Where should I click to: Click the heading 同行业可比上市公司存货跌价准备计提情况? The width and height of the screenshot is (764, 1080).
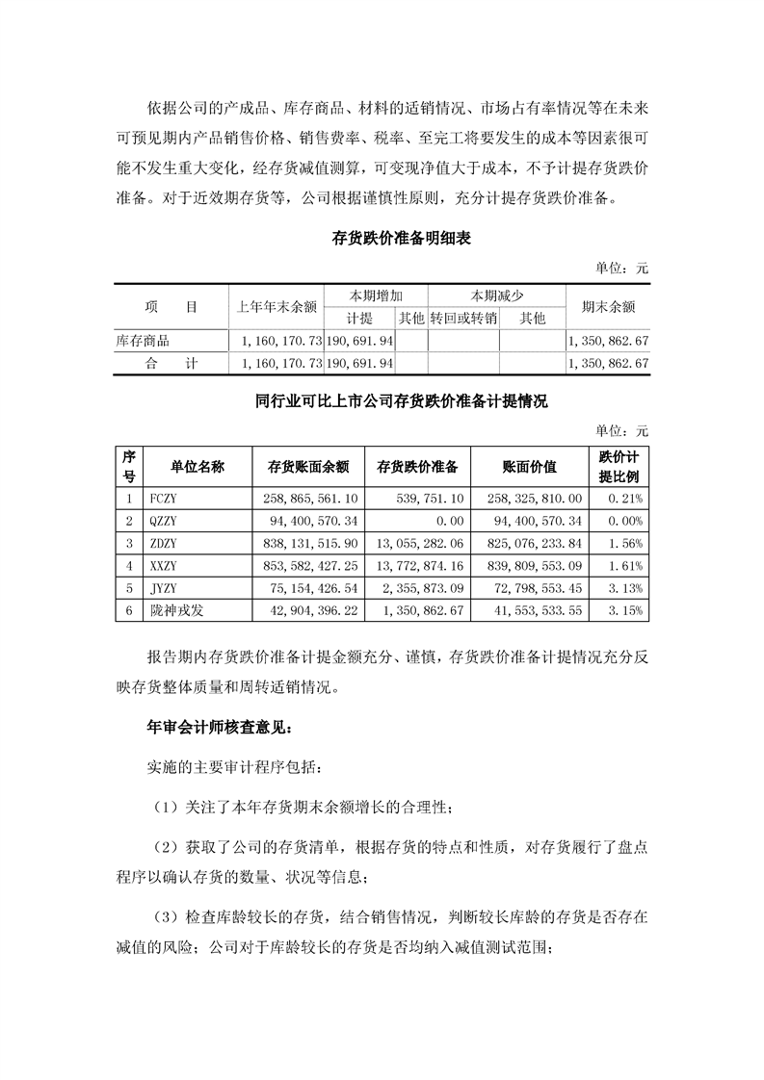(x=381, y=401)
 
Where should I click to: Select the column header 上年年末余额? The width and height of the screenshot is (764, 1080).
(x=277, y=308)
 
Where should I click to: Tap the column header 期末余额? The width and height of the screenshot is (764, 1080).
(x=608, y=308)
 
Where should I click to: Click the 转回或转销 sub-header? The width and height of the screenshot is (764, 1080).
(x=463, y=319)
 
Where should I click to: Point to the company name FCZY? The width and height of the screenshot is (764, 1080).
(x=165, y=498)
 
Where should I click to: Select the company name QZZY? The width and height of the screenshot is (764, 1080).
(x=165, y=521)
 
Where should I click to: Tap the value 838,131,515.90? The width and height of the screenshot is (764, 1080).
(x=309, y=544)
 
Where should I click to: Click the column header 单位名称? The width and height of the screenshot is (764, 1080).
(x=198, y=467)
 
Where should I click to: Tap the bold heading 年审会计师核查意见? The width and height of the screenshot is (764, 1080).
(x=207, y=728)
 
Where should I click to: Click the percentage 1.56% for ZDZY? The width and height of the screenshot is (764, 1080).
(x=627, y=544)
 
